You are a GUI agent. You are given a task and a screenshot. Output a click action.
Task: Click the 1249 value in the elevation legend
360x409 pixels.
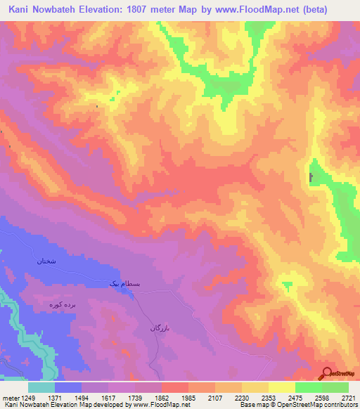pos(29,397)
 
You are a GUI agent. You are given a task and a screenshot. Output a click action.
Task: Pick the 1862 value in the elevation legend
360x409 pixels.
pos(150,397)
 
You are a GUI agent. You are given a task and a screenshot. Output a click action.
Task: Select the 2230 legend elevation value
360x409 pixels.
pos(243,397)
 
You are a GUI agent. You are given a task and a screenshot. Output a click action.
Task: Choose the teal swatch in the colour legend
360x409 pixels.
pos(41,387)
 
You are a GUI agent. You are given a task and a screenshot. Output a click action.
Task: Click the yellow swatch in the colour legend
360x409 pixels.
pos(281,387)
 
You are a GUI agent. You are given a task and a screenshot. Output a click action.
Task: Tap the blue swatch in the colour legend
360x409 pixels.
pos(68,387)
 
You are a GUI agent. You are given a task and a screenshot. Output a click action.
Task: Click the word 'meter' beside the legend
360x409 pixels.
pos(11,397)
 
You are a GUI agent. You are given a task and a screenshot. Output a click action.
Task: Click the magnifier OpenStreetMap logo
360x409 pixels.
pos(326,373)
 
